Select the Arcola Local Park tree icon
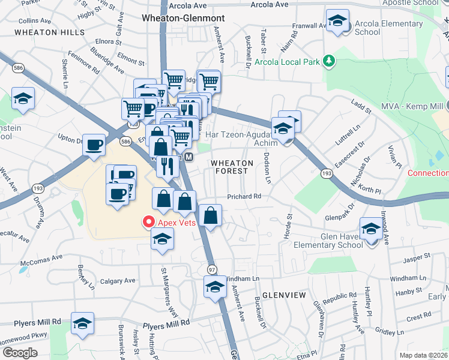pyautogui.click(x=328, y=61)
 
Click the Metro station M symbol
pyautogui.click(x=188, y=157)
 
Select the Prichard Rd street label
pyautogui.click(x=244, y=196)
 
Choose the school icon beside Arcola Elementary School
pyautogui.click(x=338, y=22)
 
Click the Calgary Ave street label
pyautogui.click(x=118, y=281)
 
